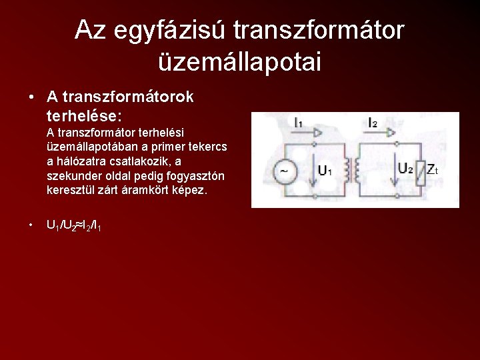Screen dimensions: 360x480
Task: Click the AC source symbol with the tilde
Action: point(284,171)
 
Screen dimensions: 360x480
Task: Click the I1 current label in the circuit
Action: point(298,123)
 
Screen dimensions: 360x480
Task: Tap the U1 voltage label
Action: point(325,171)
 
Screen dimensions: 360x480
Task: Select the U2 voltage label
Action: point(405,169)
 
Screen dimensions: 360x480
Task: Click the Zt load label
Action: point(433,170)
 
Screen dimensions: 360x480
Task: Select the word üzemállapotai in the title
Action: point(239,61)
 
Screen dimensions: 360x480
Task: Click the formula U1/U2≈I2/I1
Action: point(73,226)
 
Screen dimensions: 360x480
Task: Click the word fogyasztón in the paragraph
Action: point(193,176)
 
